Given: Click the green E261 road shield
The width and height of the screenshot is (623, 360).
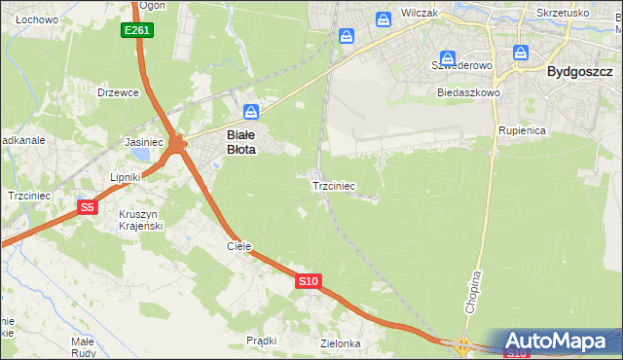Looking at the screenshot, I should point(137,31).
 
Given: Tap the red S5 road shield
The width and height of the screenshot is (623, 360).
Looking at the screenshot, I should point(88,207).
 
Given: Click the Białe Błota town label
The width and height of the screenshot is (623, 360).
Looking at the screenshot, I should point(241,143).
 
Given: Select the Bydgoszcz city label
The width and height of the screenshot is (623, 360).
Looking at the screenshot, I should point(579,71).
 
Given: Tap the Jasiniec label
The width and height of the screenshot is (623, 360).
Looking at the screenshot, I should point(143,141).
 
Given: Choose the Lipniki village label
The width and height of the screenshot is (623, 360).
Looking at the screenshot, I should point(126,177).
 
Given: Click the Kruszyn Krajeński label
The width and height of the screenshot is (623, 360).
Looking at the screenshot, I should point(140,220).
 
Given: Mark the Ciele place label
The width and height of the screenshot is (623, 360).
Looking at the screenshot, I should point(239,246).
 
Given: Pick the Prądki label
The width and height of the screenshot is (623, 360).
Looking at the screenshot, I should point(262,341).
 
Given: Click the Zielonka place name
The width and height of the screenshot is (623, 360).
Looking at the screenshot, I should point(341,343).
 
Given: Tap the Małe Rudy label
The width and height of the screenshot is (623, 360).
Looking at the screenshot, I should point(82,347).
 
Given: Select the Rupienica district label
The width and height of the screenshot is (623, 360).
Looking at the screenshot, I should point(521,129).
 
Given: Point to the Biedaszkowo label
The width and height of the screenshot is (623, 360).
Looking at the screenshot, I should point(468,92).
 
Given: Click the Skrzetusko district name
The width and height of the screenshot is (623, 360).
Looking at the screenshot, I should point(563,13).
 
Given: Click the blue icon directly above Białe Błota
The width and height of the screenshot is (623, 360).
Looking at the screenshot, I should point(251,112).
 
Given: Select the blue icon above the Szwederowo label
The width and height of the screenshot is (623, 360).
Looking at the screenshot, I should point(447,58).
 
